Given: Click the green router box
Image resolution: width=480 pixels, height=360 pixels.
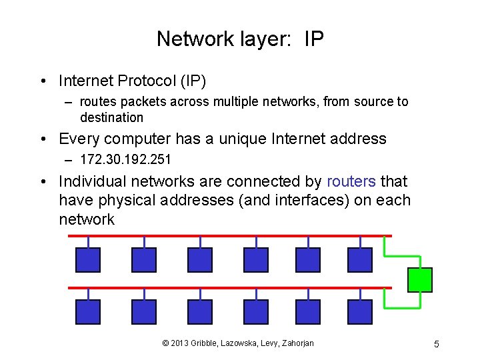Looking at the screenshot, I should [x=420, y=280].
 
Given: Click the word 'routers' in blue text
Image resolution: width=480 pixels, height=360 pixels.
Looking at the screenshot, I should [x=351, y=181].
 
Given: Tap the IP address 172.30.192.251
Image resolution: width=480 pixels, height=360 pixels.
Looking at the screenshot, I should [x=125, y=159].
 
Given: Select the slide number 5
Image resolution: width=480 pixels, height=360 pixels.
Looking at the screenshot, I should [x=436, y=344].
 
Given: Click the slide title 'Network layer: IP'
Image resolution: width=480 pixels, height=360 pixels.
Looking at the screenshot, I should [x=240, y=39].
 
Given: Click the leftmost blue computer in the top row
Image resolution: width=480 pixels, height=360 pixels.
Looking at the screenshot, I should [x=88, y=260].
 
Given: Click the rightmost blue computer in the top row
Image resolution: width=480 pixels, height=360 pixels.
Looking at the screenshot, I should [x=360, y=260].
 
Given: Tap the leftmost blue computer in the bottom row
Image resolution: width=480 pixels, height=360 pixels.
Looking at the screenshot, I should [x=88, y=312].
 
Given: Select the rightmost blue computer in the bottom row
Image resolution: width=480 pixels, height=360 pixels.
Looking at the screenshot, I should [x=360, y=312].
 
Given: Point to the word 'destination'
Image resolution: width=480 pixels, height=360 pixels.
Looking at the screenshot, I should [x=111, y=118].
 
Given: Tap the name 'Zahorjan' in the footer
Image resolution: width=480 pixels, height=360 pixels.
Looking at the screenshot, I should [x=293, y=343].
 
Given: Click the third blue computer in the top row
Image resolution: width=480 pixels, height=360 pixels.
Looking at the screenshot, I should [x=200, y=260].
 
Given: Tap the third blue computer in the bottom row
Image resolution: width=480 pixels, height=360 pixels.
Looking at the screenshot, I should [x=200, y=312].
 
